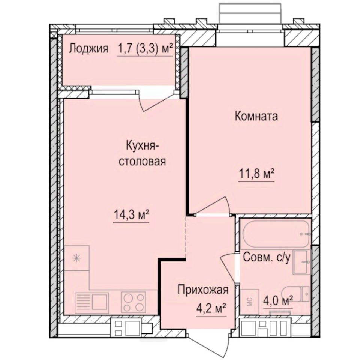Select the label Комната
pyautogui.click(x=256, y=117)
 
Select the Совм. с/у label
pyautogui.click(x=267, y=258)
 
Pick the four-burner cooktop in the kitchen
pyautogui.click(x=133, y=301)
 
